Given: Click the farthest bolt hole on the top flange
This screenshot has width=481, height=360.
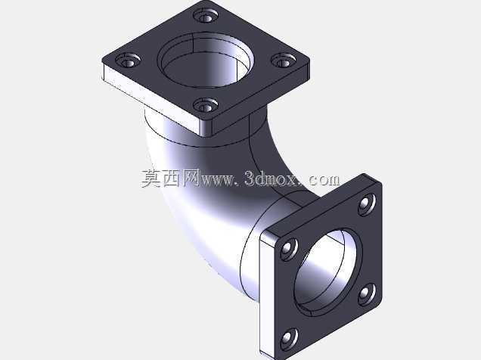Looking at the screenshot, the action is tap(206, 16).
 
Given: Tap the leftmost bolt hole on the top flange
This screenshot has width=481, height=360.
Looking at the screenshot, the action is tap(129, 61).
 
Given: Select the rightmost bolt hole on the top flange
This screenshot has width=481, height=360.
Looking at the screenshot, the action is tap(284, 61).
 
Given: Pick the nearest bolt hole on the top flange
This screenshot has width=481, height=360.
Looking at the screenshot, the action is tap(206, 105).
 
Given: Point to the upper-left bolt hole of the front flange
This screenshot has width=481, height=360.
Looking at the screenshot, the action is tap(289, 250).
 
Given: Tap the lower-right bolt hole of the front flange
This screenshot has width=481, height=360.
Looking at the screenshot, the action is tap(368, 294).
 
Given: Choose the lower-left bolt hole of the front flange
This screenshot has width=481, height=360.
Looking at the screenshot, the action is tap(289, 339).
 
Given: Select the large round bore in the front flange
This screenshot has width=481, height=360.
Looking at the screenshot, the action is tap(328, 272).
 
